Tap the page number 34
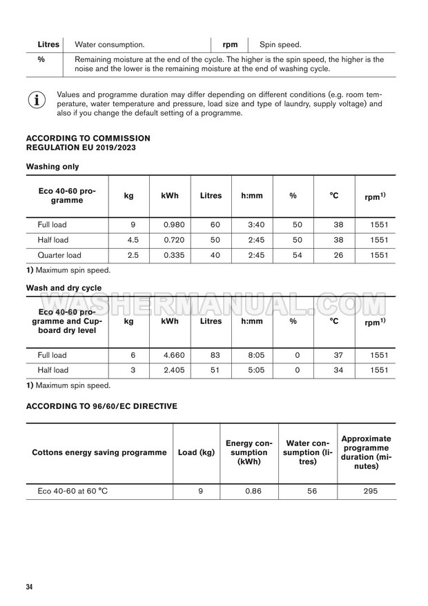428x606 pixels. click(30, 587)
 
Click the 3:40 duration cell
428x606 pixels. click(252, 225)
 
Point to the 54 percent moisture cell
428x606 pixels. click(293, 255)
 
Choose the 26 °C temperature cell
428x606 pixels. click(334, 255)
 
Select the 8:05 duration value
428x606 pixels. click(252, 355)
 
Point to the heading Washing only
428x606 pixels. click(52, 166)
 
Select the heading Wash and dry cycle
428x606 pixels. click(64, 287)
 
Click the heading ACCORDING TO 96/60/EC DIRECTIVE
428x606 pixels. click(101, 406)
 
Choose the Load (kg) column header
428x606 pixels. click(196, 452)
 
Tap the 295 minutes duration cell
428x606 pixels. click(366, 491)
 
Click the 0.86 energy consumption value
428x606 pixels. click(249, 491)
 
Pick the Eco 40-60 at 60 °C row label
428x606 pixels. click(72, 491)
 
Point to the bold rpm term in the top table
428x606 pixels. click(231, 45)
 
